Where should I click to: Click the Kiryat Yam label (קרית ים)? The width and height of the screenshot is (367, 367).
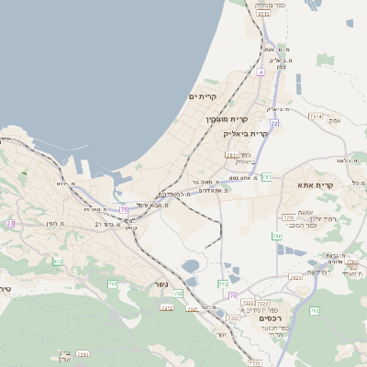(203, 96)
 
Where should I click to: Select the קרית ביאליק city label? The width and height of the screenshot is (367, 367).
(247, 134)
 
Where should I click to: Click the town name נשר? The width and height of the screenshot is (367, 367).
(161, 284)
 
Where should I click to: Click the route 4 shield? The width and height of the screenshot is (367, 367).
(261, 72)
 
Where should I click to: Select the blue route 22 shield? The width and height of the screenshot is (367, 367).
(274, 122)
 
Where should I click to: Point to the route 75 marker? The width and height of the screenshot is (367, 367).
(124, 210)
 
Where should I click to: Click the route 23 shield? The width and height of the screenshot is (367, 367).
(10, 223)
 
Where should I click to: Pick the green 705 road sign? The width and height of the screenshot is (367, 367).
(113, 284)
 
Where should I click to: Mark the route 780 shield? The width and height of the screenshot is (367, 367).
(276, 236)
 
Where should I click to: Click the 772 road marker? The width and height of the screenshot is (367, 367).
(222, 284)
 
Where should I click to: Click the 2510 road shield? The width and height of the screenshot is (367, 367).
(263, 14)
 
